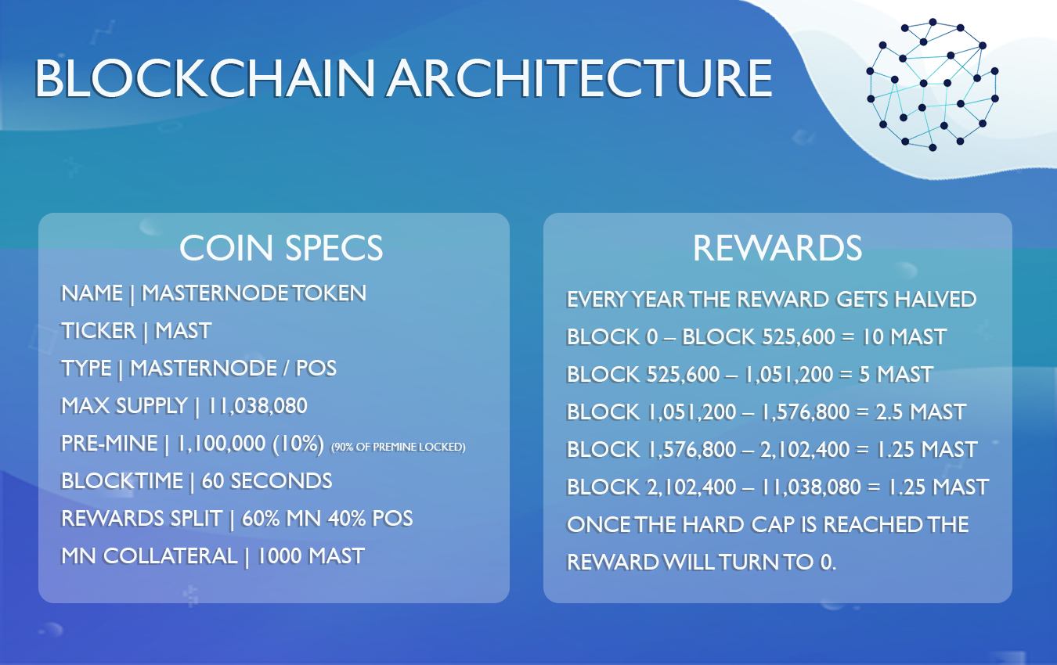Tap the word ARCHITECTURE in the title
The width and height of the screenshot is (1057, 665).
(579, 78)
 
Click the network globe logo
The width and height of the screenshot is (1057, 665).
(933, 85)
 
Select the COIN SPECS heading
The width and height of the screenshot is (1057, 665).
(281, 248)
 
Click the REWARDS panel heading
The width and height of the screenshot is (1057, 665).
(777, 248)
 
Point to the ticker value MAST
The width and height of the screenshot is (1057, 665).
(183, 331)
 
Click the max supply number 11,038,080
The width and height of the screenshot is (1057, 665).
(257, 406)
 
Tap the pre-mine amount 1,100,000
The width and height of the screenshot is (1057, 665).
(221, 444)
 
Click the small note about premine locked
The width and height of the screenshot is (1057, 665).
(399, 447)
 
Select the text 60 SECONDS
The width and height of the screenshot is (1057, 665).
(267, 481)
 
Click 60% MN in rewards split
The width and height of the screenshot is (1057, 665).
(281, 519)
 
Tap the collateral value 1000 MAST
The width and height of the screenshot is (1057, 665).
(311, 556)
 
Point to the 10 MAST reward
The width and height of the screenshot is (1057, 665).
(904, 336)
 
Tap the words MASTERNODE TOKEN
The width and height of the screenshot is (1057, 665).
(254, 293)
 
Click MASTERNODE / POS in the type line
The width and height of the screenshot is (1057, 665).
(233, 368)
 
